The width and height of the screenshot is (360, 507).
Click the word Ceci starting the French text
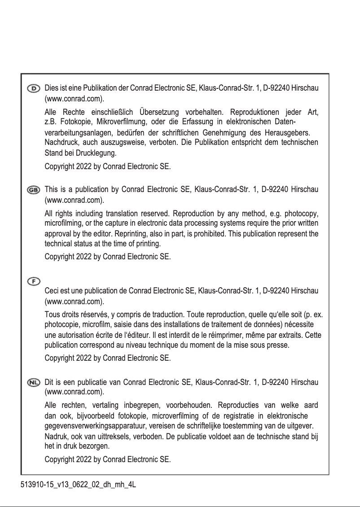tap(52, 291)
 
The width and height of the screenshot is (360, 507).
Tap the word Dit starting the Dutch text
tap(49, 383)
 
